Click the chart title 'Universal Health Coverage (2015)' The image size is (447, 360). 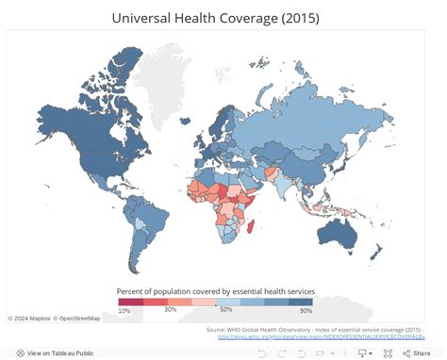[x=223, y=17]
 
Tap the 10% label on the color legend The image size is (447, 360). [x=124, y=310]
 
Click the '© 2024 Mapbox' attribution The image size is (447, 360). [x=30, y=318]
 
